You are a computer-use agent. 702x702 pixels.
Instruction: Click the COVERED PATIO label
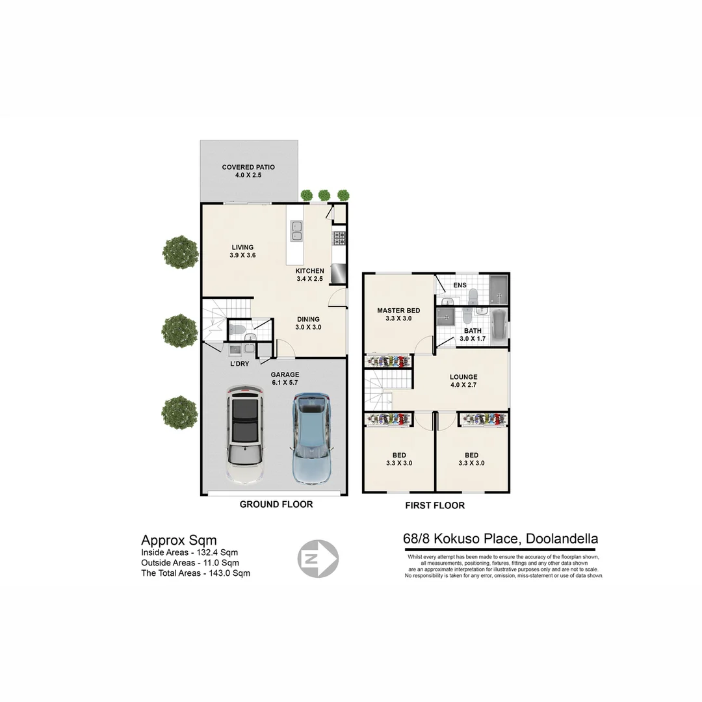[248, 167]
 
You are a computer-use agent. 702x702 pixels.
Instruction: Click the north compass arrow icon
[318, 558]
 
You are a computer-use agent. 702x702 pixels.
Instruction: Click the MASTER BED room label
[398, 311]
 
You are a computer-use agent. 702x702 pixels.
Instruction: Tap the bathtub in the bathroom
[499, 326]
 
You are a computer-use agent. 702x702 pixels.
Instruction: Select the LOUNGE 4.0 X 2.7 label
[463, 381]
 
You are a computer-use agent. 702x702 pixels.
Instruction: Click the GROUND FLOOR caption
[276, 504]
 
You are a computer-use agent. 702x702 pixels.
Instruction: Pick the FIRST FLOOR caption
[435, 505]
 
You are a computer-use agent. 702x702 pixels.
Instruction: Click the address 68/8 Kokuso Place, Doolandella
[500, 539]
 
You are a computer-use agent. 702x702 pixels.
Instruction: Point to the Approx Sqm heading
[179, 540]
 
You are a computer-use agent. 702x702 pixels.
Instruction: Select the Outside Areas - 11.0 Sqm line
[190, 563]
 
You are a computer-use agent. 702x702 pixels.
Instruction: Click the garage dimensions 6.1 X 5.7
[285, 383]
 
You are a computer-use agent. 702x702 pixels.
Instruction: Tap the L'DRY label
[239, 364]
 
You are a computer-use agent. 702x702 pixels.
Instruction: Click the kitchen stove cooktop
[339, 239]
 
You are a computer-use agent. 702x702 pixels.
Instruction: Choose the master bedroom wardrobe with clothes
[388, 361]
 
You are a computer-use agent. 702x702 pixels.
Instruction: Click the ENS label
[460, 285]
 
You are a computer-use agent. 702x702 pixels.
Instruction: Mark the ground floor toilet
[237, 330]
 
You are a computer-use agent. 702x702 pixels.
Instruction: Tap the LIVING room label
[242, 247]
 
